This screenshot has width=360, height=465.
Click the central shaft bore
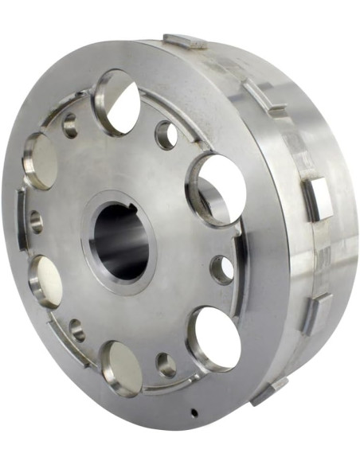tap(121, 240)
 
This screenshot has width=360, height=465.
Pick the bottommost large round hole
tap(123, 368)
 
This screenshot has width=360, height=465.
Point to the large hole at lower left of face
tap(46, 280)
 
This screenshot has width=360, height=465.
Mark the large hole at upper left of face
tap(41, 160)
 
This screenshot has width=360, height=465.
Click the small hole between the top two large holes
tap(166, 134)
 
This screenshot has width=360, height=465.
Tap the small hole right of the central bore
tap(221, 268)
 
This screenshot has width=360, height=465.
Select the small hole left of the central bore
tap(36, 221)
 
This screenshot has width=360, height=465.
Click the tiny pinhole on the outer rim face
tap(194, 412)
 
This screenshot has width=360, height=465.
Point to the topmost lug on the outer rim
tap(184, 41)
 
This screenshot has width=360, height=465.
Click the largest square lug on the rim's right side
tap(317, 197)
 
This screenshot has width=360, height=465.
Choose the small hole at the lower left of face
tap(77, 329)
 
